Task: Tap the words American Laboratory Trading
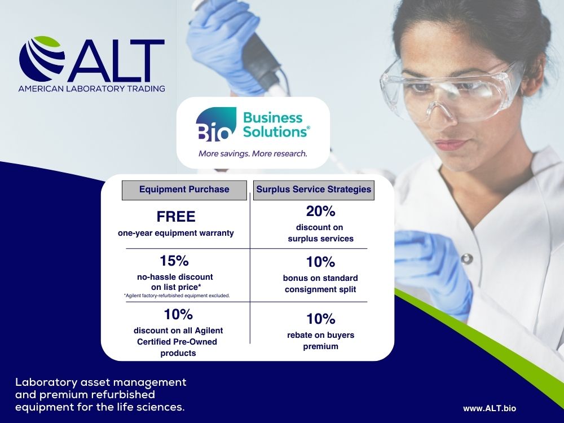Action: [92, 89]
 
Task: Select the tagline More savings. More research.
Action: [253, 153]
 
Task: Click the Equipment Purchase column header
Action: [184, 190]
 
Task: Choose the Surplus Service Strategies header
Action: [314, 190]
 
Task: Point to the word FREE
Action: [176, 217]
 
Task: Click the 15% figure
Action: [174, 261]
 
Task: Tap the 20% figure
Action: [320, 211]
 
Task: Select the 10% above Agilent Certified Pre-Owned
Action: [178, 314]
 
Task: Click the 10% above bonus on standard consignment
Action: [320, 262]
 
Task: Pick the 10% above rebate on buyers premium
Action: [320, 319]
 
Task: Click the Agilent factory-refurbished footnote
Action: [177, 296]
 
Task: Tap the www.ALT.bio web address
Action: [490, 408]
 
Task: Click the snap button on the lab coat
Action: [466, 259]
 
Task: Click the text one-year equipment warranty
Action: [176, 233]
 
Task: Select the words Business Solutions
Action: [276, 125]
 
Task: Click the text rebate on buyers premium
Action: [320, 341]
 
